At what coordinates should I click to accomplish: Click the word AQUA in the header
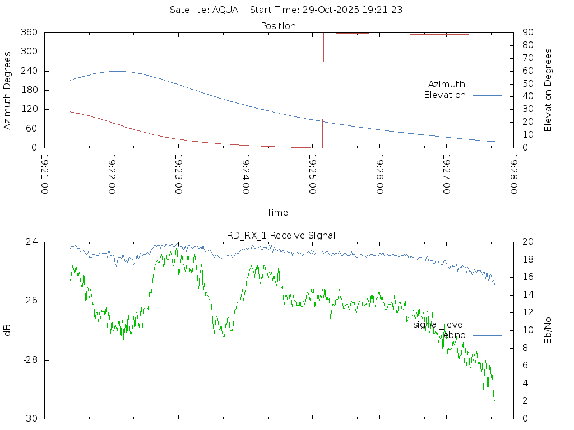pyautogui.click(x=225, y=10)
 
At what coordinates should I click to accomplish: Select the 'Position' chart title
pyautogui.click(x=279, y=26)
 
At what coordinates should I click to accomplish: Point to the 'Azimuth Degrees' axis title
pyautogui.click(x=8, y=90)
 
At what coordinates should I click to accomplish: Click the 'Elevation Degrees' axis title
pyautogui.click(x=548, y=90)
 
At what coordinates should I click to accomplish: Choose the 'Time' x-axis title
pyautogui.click(x=277, y=212)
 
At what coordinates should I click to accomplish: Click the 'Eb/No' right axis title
pyautogui.click(x=548, y=330)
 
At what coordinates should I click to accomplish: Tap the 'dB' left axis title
pyautogui.click(x=8, y=330)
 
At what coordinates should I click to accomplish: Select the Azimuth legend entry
pyautogui.click(x=447, y=85)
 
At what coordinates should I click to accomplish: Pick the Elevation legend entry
pyautogui.click(x=445, y=95)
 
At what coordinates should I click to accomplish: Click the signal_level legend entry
pyautogui.click(x=439, y=325)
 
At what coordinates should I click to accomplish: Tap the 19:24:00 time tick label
pyautogui.click(x=246, y=175)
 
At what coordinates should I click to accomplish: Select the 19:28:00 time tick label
pyautogui.click(x=513, y=175)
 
